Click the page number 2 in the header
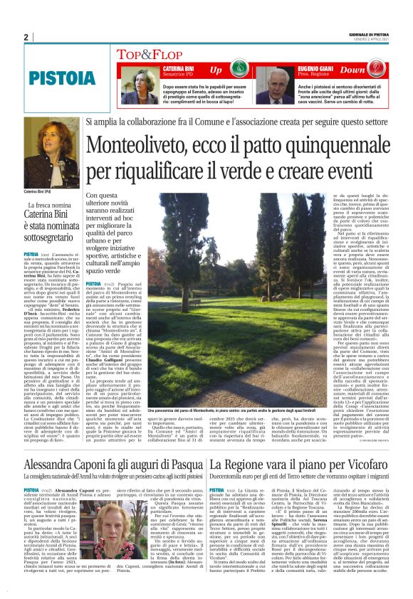[26, 38]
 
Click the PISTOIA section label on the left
[53, 76]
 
